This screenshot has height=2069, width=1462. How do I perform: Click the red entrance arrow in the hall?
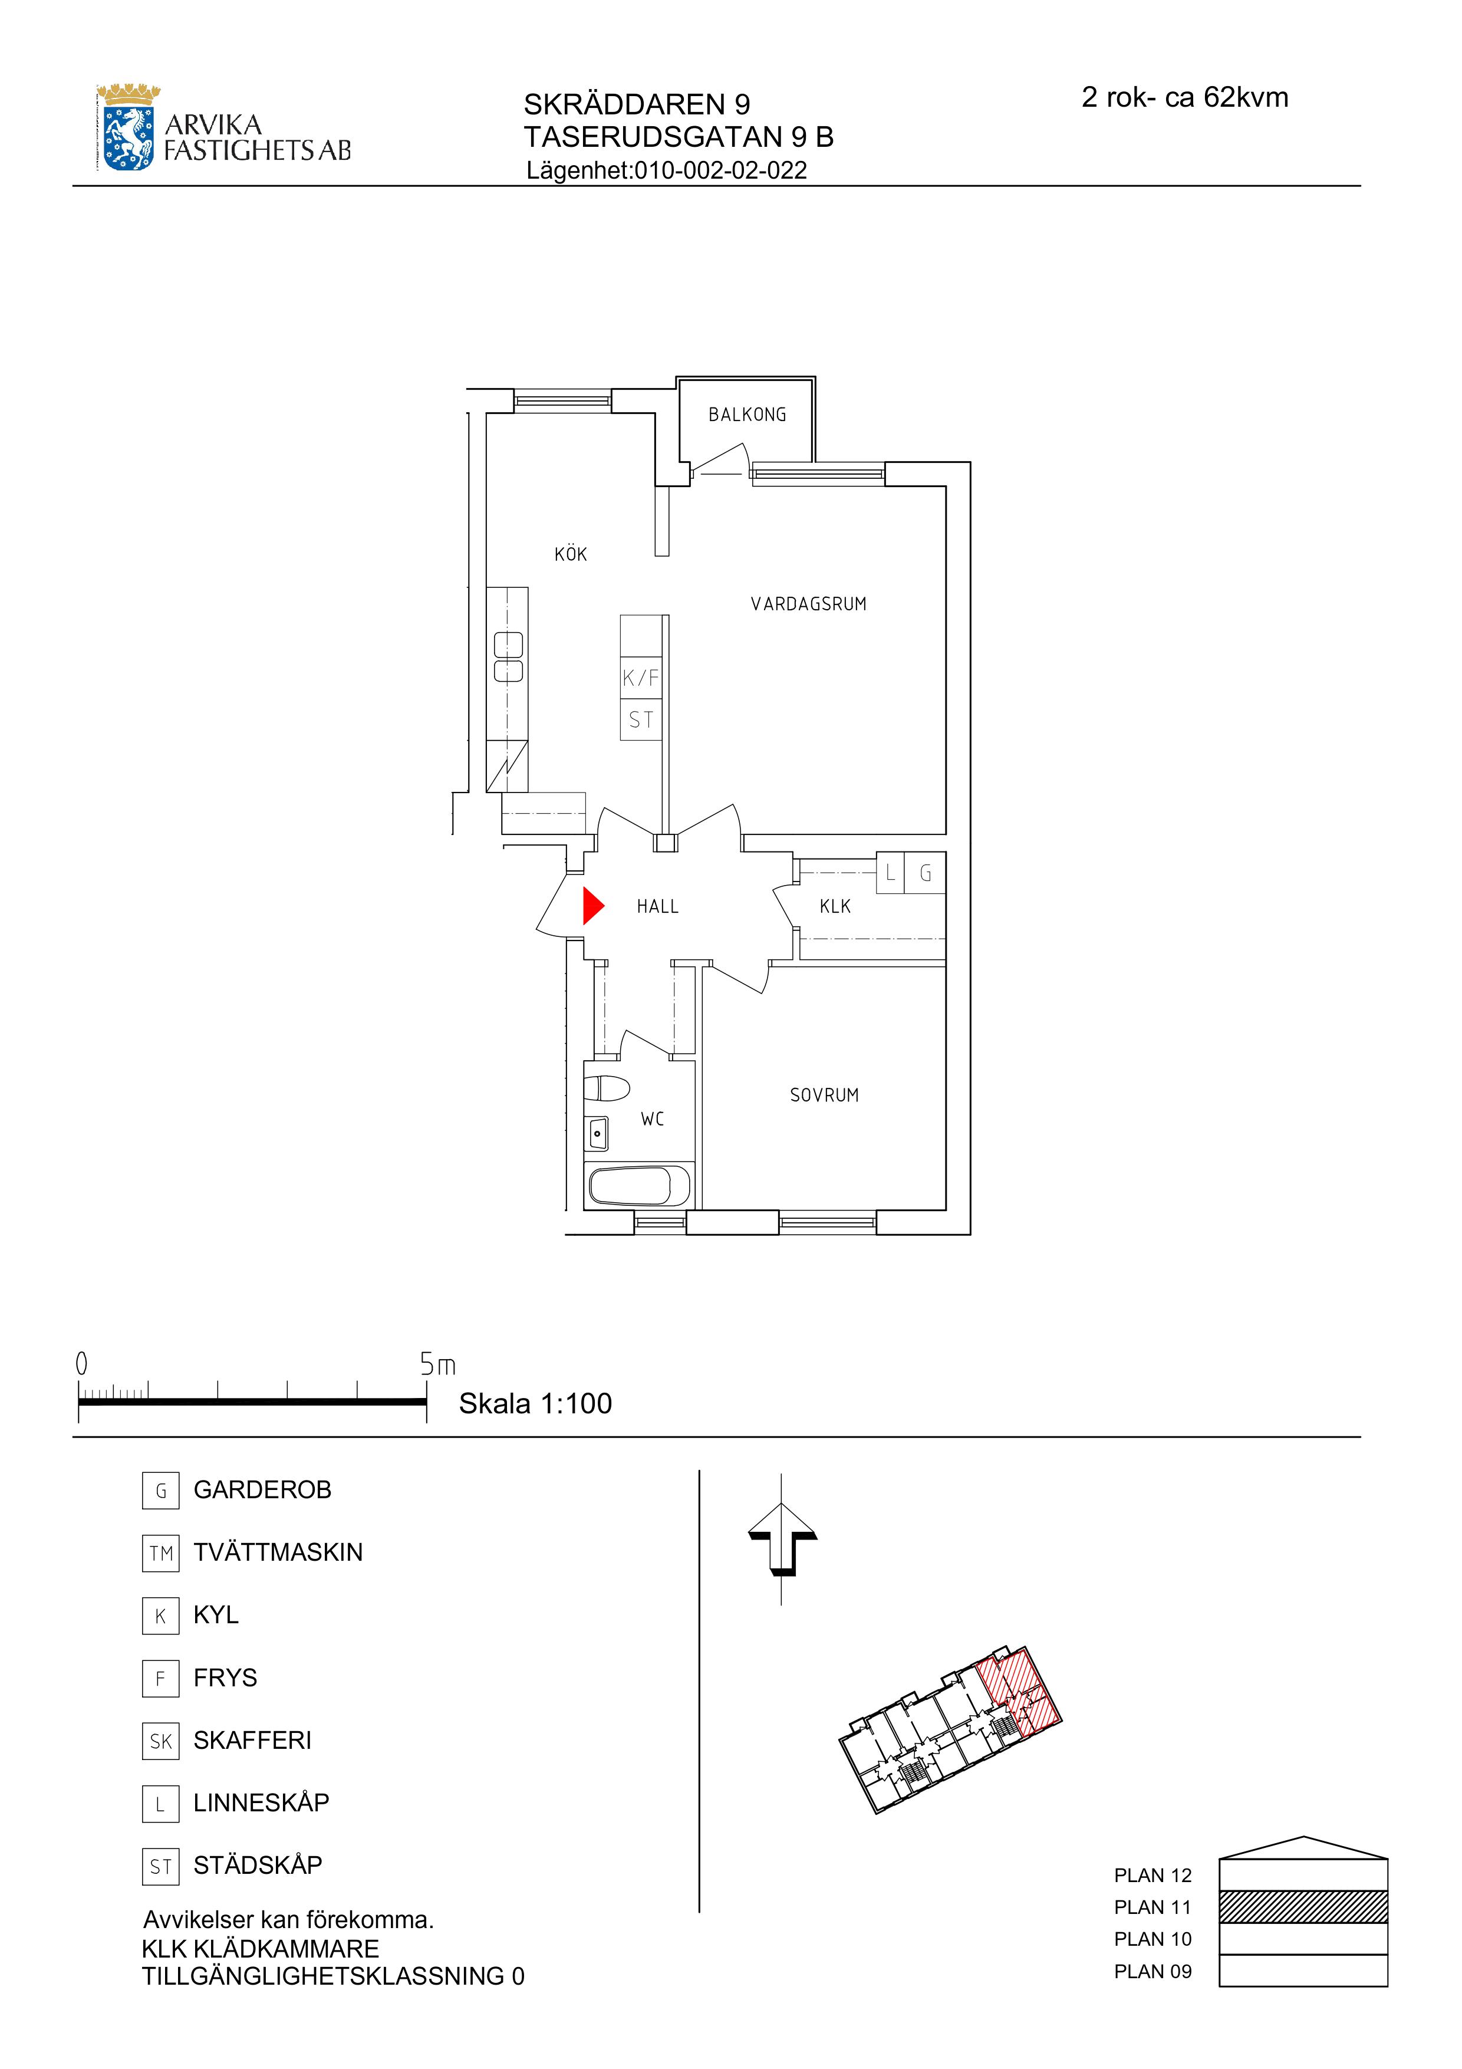click(x=592, y=906)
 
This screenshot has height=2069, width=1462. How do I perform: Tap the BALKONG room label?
click(x=747, y=415)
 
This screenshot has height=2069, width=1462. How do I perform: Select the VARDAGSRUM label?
click(x=808, y=604)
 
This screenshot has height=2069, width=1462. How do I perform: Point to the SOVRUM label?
click(x=824, y=1095)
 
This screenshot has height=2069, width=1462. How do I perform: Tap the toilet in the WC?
click(x=606, y=1088)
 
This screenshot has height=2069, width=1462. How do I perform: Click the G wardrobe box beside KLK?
click(x=925, y=872)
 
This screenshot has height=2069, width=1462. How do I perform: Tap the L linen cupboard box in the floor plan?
click(x=890, y=872)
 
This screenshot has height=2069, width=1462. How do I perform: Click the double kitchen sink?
click(x=508, y=657)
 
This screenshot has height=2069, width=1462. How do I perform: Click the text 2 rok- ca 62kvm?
click(x=1184, y=97)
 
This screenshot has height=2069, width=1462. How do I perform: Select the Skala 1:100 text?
click(x=535, y=1403)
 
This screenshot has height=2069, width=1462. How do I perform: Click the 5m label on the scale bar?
click(x=438, y=1364)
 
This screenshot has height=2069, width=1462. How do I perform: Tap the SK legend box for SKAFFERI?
click(x=160, y=1740)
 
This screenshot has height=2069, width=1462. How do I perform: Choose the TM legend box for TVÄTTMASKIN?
click(x=160, y=1552)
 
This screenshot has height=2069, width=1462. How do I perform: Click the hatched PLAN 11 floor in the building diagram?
click(x=1303, y=1906)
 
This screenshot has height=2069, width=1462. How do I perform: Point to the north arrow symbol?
click(x=782, y=1538)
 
